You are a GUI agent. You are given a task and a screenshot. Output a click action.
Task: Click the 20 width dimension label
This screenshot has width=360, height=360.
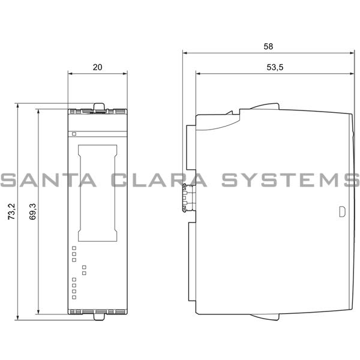[97, 67]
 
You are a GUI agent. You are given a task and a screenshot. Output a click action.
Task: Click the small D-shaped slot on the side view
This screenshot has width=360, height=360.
[342, 211]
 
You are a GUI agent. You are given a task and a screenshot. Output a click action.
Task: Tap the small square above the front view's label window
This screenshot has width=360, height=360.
[74, 134]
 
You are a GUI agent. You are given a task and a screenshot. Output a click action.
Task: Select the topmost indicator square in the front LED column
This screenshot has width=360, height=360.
[74, 247]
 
